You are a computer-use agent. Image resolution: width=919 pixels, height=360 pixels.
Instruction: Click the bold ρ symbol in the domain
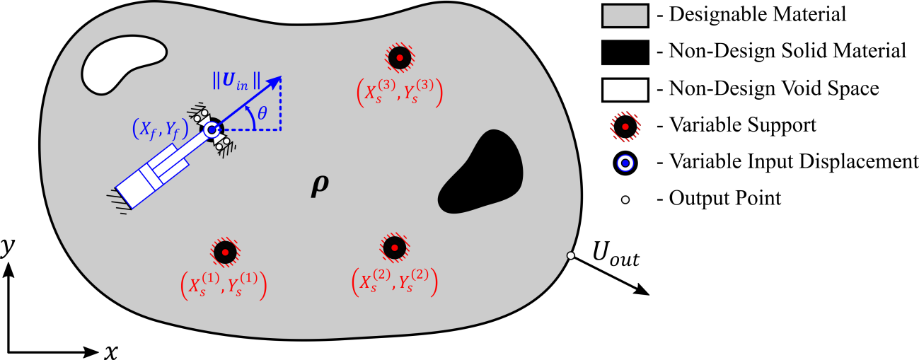tap(320, 185)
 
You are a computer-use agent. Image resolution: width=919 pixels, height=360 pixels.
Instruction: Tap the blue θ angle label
tap(262, 113)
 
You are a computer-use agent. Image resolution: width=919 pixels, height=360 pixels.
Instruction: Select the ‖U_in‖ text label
tap(236, 80)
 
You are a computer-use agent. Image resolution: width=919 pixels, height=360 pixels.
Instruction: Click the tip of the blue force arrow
tap(280, 76)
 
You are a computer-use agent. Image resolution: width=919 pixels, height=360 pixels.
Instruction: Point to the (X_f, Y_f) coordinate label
tap(161, 129)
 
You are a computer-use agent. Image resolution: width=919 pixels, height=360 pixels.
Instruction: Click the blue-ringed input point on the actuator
tap(211, 129)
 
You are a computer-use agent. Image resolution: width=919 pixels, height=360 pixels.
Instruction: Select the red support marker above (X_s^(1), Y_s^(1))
tap(225, 252)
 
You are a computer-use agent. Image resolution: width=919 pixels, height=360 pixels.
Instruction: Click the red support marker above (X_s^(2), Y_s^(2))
tap(394, 248)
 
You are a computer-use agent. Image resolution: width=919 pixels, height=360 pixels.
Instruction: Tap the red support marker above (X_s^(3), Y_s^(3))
tap(400, 57)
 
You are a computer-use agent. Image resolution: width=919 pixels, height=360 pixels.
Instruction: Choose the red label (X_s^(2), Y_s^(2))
tap(394, 281)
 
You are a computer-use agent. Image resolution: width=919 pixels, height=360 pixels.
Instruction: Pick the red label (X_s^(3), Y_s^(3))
tap(400, 92)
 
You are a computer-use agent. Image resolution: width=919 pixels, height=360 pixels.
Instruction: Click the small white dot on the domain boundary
tap(570, 255)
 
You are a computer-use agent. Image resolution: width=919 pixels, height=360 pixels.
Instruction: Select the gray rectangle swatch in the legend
tap(625, 16)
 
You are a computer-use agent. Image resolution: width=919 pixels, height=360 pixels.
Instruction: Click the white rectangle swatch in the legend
tap(625, 90)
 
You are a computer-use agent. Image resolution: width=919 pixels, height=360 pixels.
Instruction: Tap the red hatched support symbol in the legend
tap(625, 127)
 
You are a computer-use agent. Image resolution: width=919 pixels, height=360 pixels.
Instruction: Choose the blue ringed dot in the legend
tap(625, 163)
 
